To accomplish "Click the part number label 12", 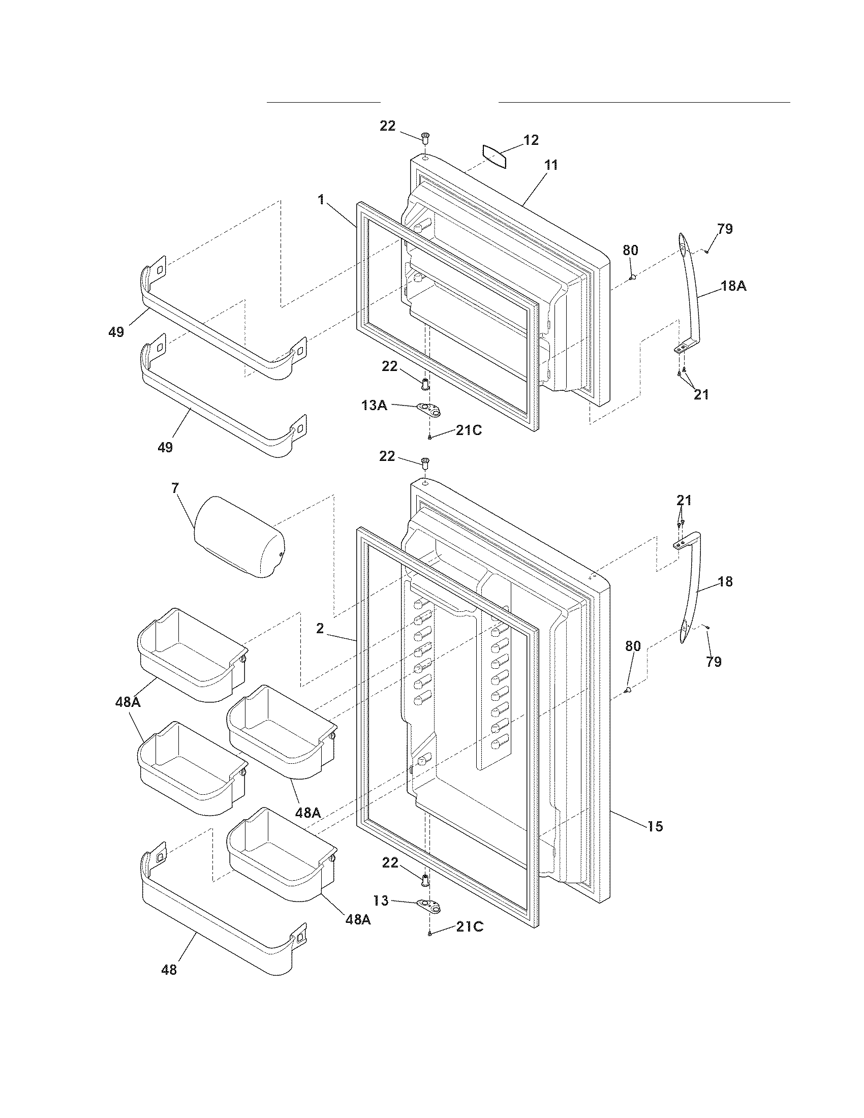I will (x=531, y=140).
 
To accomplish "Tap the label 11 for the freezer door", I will (x=551, y=165).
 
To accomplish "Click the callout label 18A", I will (x=733, y=287).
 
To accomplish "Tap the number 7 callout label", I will (x=175, y=488).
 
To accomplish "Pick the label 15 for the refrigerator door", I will (x=655, y=826).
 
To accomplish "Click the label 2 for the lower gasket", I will (x=320, y=629).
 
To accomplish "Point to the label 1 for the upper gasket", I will (x=321, y=200).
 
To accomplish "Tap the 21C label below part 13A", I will (x=469, y=430).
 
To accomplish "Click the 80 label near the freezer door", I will (x=630, y=251).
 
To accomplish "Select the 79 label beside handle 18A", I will (x=725, y=229).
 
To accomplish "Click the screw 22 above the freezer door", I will (x=425, y=136).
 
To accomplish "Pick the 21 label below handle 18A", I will (x=701, y=395).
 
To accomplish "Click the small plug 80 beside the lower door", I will (x=628, y=691).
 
